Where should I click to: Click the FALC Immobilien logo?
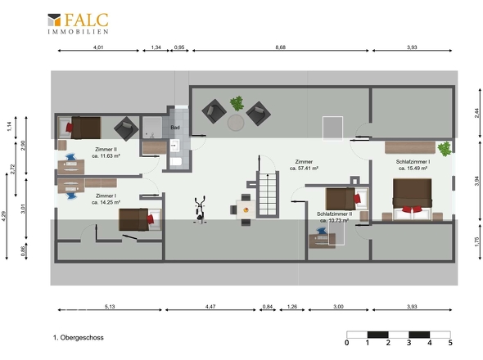click(x=78, y=24)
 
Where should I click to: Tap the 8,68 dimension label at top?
click(x=280, y=47)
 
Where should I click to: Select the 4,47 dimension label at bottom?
click(x=210, y=307)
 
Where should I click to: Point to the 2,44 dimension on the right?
click(x=476, y=113)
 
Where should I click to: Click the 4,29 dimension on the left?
click(x=4, y=216)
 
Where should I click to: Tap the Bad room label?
click(x=175, y=128)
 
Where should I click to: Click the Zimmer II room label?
click(x=106, y=150)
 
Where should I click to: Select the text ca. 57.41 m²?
click(x=304, y=169)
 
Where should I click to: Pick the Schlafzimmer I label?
click(x=413, y=162)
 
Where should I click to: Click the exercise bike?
click(x=200, y=209)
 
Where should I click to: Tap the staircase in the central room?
click(x=268, y=194)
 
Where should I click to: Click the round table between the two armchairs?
click(x=236, y=123)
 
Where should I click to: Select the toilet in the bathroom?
click(x=175, y=162)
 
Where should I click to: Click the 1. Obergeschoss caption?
click(x=79, y=338)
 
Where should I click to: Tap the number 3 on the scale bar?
click(x=409, y=343)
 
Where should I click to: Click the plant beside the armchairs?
click(x=237, y=103)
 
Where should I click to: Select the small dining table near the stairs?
click(x=246, y=209)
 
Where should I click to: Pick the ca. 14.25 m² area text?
click(x=106, y=203)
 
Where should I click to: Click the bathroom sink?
click(x=174, y=146)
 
